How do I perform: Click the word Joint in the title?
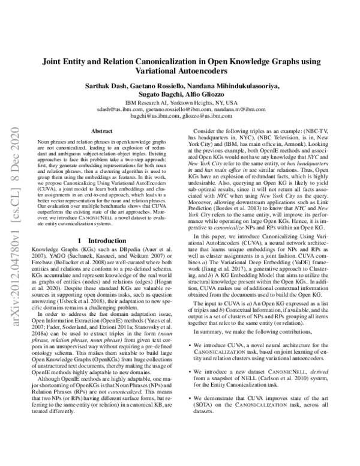pyautogui.click(x=52, y=62)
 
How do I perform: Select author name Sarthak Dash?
pyautogui.click(x=108, y=87)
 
